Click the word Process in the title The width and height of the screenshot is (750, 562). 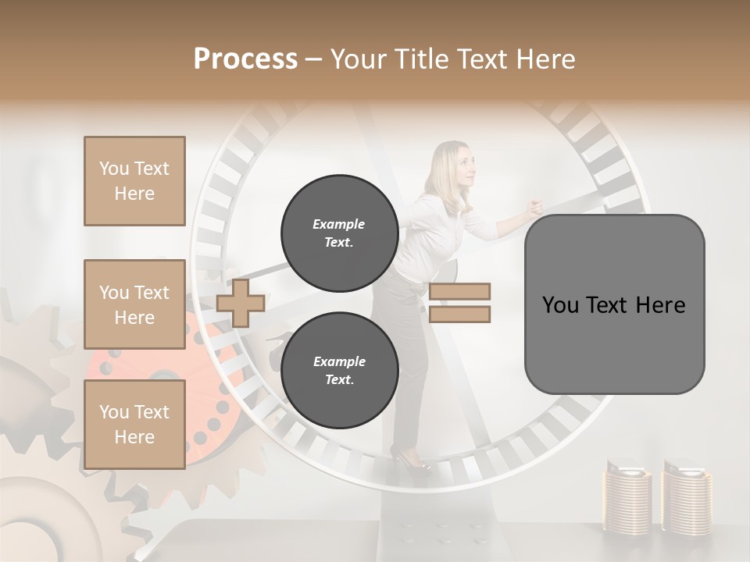245,59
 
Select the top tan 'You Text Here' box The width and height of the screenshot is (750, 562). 134,181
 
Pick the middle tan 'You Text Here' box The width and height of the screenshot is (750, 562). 134,304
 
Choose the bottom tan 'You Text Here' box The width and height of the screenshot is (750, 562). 134,425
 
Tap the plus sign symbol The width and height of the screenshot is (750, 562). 241,302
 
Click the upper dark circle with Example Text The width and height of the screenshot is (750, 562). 339,233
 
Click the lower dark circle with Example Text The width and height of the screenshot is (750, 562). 339,370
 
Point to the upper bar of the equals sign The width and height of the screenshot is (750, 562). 459,291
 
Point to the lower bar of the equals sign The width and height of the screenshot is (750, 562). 459,315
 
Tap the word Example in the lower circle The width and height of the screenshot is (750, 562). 339,361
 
